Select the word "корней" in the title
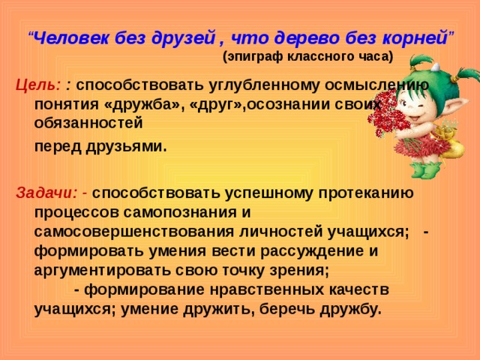point(415,39)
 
